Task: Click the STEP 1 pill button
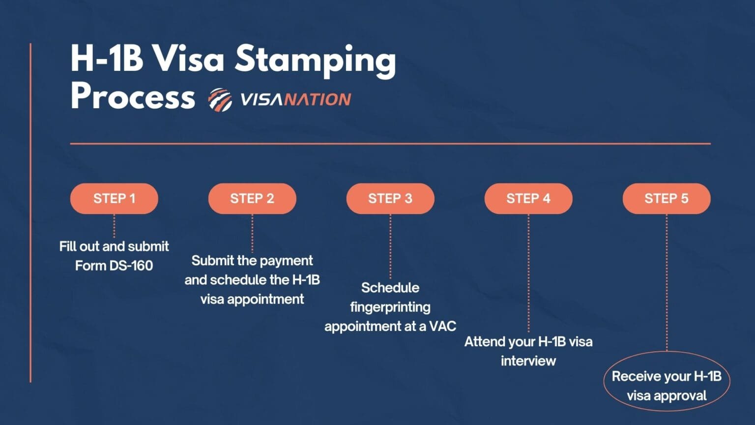[114, 198]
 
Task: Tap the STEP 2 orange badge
[252, 198]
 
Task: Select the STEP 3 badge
[390, 198]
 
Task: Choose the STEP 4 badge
[528, 198]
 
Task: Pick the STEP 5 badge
[667, 198]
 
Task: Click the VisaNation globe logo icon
[220, 100]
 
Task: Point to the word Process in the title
[133, 96]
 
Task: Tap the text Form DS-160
[114, 266]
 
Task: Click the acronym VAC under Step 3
[442, 326]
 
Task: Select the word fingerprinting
[390, 307]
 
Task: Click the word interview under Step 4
[528, 361]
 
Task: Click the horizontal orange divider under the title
[390, 144]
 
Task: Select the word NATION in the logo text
[318, 100]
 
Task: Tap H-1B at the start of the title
[107, 59]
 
